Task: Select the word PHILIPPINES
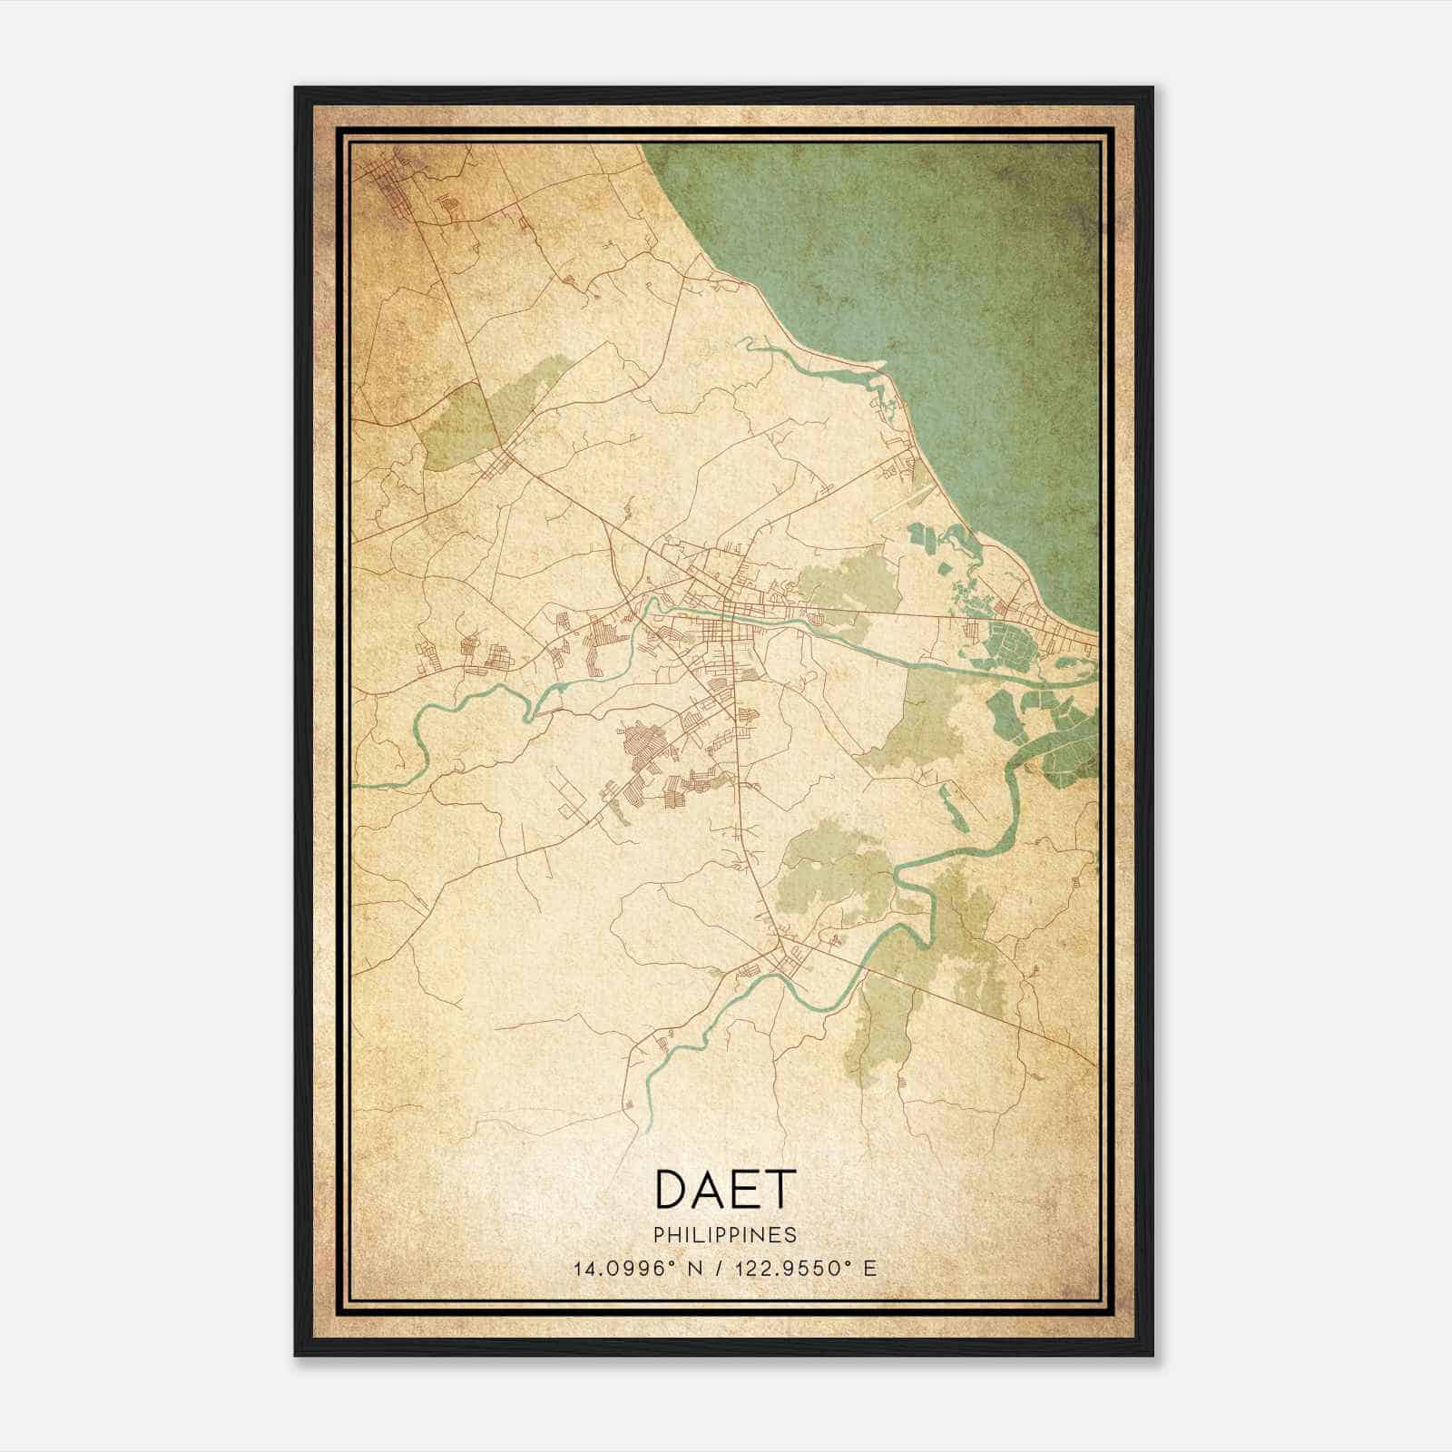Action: (725, 1234)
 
